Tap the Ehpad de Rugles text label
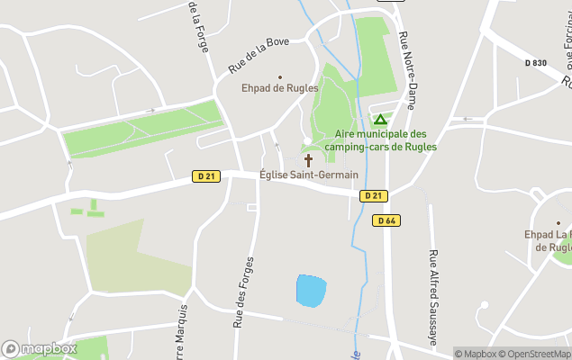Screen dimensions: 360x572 [279, 89]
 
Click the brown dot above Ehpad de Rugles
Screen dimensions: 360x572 [279, 76]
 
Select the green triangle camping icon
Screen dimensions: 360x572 [380, 119]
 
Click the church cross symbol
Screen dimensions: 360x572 [308, 160]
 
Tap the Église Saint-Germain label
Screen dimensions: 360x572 [308, 175]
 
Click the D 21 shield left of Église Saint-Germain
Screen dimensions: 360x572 [205, 176]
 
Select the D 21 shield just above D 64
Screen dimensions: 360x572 [372, 196]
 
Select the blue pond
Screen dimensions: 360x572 [311, 291]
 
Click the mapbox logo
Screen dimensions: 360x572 [40, 348]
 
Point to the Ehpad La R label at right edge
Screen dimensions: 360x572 [549, 240]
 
